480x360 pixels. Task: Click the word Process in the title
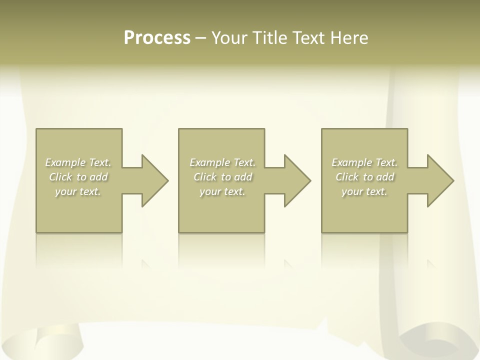click(157, 38)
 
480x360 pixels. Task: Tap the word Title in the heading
click(269, 38)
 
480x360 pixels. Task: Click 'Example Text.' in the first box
click(78, 162)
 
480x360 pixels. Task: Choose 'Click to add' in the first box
click(78, 177)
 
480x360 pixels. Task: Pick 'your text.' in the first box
click(78, 191)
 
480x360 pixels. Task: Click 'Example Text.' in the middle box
click(222, 162)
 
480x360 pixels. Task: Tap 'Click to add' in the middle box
click(222, 177)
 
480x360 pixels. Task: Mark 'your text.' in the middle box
click(222, 191)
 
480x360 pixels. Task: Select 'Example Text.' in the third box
click(364, 162)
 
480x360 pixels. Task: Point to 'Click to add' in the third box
click(364, 177)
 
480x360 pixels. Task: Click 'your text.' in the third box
click(364, 191)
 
